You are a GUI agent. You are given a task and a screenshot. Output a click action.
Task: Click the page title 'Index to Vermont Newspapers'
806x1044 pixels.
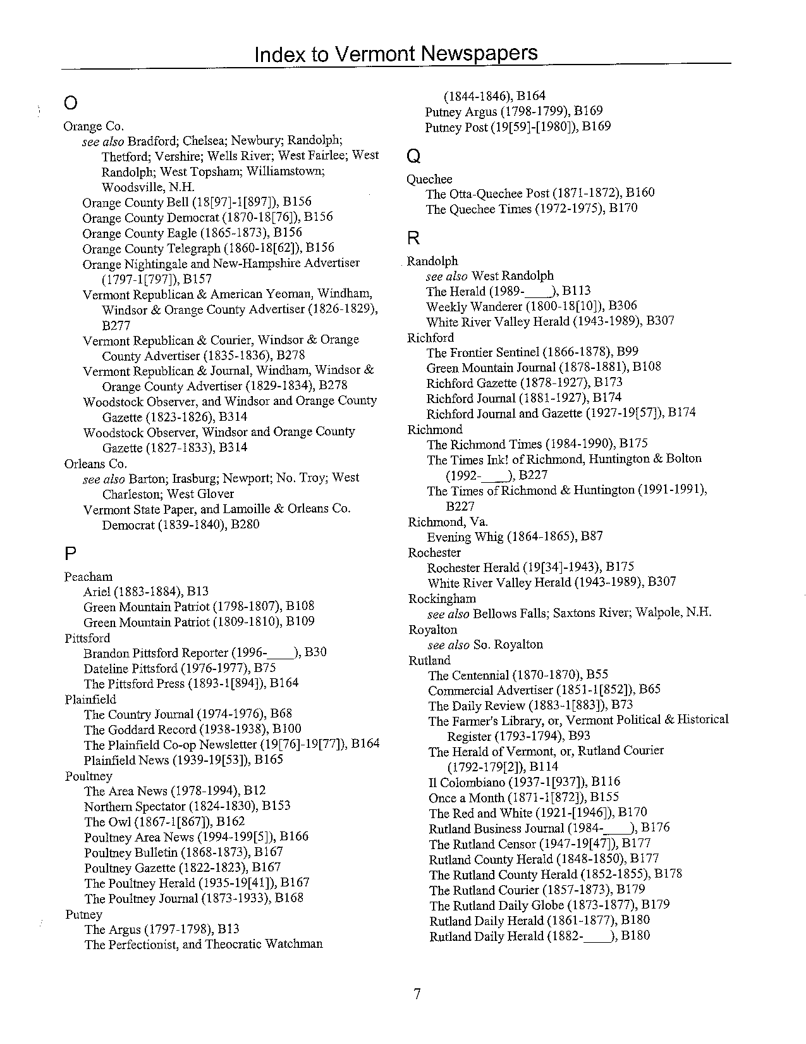click(396, 54)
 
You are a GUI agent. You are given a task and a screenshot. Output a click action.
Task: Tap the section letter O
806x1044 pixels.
click(71, 103)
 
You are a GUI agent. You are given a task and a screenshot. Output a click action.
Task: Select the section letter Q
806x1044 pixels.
click(413, 156)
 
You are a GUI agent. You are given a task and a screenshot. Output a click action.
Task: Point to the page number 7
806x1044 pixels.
click(417, 994)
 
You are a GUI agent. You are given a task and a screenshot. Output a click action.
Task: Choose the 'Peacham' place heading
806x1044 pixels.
click(89, 576)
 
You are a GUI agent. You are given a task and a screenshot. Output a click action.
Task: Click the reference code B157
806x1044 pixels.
click(197, 279)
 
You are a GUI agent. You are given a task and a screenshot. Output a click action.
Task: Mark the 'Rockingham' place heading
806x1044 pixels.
click(442, 598)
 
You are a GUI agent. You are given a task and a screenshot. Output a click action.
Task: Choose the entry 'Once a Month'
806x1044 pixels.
click(466, 798)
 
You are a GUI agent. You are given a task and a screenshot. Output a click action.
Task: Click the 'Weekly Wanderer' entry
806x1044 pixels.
click(471, 306)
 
